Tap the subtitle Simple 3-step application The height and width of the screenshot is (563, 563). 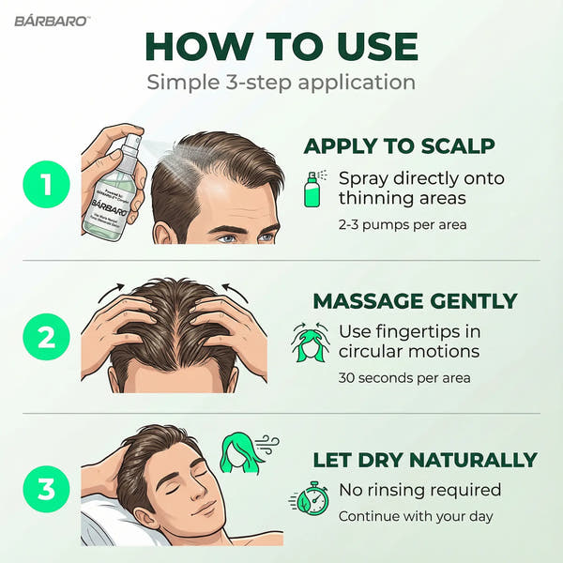point(281,82)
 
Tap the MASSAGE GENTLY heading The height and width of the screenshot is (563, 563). point(415,301)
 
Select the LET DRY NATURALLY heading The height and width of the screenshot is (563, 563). point(424,460)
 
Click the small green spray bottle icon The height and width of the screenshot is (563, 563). point(312,189)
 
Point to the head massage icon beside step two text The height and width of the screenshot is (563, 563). point(310,342)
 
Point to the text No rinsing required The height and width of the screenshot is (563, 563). point(419,490)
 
